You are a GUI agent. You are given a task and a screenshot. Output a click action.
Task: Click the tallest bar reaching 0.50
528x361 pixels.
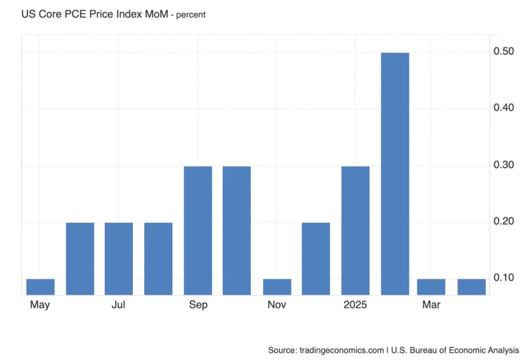coord(395,174)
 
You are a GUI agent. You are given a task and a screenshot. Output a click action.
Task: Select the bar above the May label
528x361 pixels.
coord(41,287)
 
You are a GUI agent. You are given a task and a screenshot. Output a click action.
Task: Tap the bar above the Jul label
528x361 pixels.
coord(119,258)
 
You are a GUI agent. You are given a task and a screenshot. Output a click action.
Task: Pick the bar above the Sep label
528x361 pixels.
coord(198,230)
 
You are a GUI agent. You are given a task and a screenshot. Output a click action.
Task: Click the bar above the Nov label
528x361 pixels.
coord(277,287)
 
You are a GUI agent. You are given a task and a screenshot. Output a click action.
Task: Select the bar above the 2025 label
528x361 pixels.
coord(355,230)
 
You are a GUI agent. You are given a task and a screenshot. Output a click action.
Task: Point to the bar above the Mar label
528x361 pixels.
coord(431,287)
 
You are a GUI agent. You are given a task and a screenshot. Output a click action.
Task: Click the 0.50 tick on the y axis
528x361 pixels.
coord(503,51)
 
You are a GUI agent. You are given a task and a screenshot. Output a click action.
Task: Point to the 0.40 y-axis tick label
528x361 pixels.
coord(503,108)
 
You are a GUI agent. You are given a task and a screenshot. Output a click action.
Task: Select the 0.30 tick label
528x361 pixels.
coord(503,165)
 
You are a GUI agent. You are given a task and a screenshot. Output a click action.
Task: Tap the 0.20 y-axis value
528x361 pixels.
coord(503,222)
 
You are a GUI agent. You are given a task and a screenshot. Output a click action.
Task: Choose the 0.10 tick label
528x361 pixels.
coord(503,278)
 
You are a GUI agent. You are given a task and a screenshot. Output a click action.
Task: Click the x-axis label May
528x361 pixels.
coord(40,305)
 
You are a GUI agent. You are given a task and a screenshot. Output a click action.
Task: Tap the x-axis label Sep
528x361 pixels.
coord(198,305)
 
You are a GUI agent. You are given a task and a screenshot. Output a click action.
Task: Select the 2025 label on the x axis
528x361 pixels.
coord(355,305)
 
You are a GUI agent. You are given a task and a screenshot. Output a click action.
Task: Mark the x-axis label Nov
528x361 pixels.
coord(277,305)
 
